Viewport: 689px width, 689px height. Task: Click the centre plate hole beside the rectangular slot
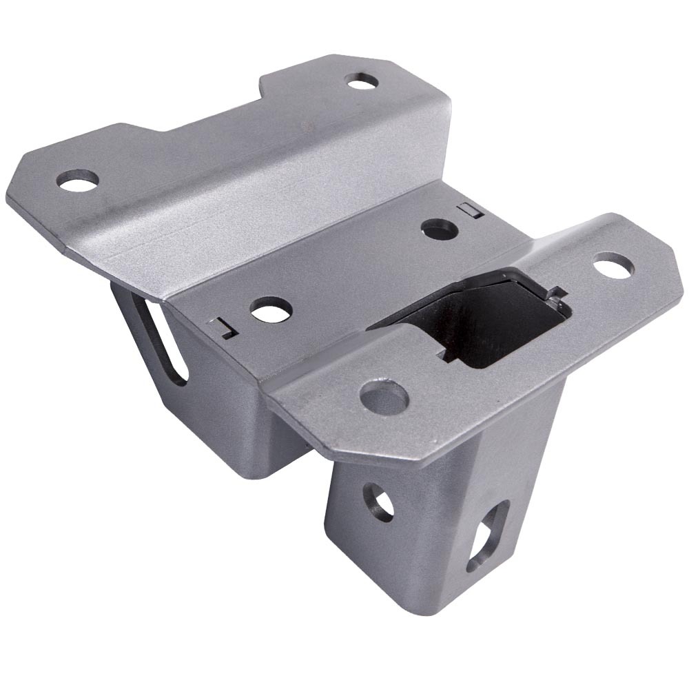[438, 228]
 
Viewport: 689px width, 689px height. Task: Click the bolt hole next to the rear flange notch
[362, 81]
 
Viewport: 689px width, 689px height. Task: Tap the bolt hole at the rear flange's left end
[77, 181]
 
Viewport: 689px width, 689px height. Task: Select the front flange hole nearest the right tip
[612, 265]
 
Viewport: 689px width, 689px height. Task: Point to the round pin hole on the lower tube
[378, 501]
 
